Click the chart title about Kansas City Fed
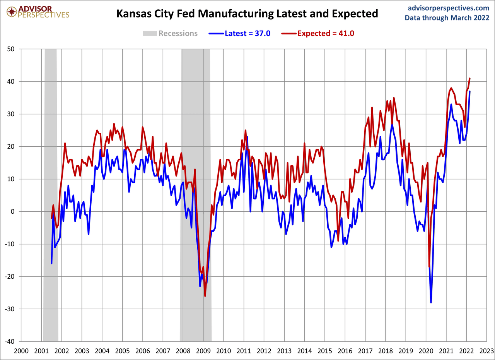tap(247, 14)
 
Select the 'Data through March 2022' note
tap(447, 18)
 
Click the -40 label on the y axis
tap(10, 341)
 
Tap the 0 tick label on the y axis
tap(13, 211)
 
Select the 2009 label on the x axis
tap(203, 351)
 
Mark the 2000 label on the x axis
tap(21, 351)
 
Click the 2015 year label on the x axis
tap(325, 351)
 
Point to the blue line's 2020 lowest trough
tap(431, 302)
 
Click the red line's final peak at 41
tap(469, 79)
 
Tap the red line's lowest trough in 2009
tap(205, 296)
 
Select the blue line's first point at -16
tap(51, 263)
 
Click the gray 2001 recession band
tap(51, 194)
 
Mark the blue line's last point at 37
tap(469, 91)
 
